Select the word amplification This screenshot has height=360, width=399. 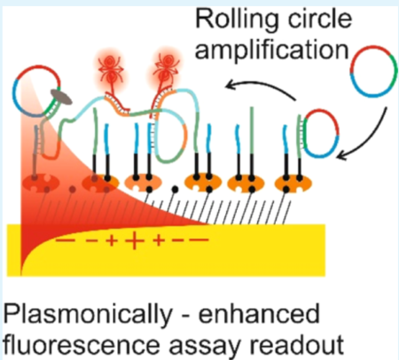click(272, 51)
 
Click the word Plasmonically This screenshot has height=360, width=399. click(88, 315)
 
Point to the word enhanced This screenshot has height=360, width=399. click(259, 314)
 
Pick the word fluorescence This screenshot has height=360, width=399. click(82, 345)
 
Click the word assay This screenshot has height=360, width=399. click(205, 347)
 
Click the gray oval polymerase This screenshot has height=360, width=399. click(61, 98)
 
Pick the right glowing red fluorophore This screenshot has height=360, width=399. click(166, 68)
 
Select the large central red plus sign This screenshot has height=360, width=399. click(135, 240)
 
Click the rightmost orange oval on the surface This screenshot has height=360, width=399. click(293, 184)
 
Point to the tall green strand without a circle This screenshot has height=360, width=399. click(252, 130)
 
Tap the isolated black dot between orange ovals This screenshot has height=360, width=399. click(175, 189)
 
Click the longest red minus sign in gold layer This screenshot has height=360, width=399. click(199, 240)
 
